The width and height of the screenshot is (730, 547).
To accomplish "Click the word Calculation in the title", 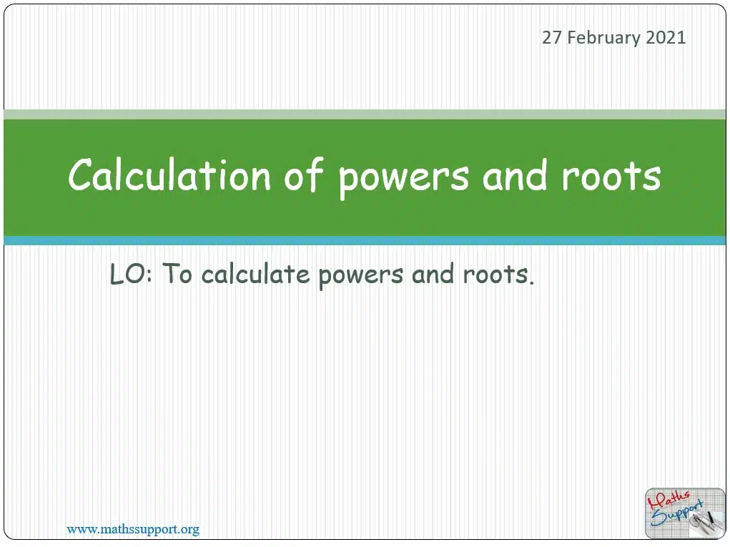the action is [169, 175].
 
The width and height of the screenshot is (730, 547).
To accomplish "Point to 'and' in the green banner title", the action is [514, 175].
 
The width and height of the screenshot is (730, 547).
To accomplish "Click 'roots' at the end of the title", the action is [611, 177].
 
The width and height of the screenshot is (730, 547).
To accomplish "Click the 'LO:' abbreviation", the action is [131, 274].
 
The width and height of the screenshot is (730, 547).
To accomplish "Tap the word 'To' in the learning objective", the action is [177, 273].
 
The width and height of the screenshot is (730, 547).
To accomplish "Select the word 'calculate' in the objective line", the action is [255, 274].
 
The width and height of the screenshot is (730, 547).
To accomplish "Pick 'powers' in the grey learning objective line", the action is [361, 277].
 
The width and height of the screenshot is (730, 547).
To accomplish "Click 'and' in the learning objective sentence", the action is [433, 273].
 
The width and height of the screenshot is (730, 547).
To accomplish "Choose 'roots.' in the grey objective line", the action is [498, 274].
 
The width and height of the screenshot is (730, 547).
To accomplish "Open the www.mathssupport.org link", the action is [133, 529].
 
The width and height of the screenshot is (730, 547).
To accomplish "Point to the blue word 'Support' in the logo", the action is [676, 513].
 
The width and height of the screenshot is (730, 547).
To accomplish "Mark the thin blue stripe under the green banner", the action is [365, 241].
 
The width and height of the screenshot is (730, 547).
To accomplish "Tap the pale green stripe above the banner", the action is [365, 114].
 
